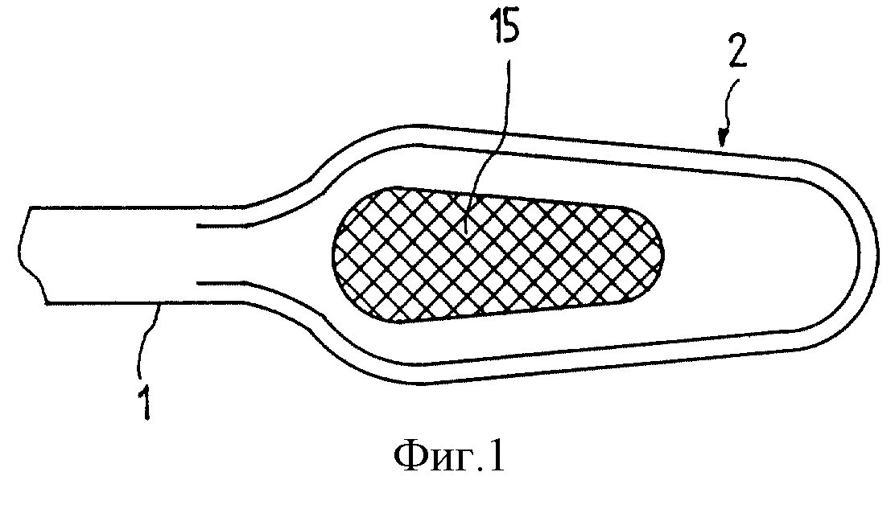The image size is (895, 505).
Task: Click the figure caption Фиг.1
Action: click(449, 455)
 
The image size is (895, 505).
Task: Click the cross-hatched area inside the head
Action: click(497, 254)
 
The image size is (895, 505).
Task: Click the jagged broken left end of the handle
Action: click(32, 255)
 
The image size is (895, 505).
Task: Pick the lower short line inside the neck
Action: click(222, 282)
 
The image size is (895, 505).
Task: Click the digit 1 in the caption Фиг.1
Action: click(497, 457)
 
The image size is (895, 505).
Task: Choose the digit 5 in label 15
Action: click(512, 29)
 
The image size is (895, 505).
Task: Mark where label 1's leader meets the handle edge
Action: click(162, 305)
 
